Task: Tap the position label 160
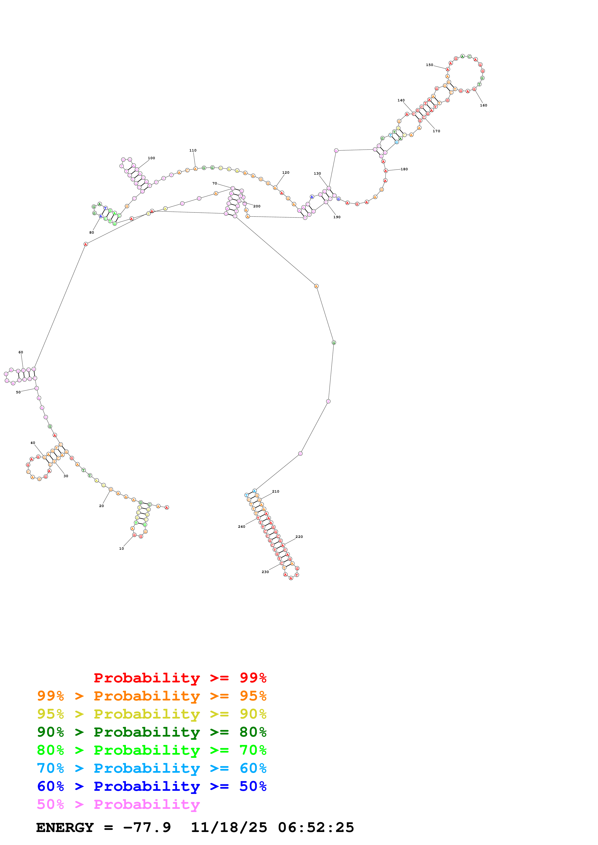pos(483,105)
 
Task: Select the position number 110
pos(193,150)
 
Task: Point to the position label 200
pos(257,206)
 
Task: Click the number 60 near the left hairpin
pos(21,352)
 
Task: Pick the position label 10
pos(122,548)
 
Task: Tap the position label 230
pos(265,572)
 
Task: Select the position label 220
pos(299,537)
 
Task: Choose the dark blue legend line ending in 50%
pos(151,786)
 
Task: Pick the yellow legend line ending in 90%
pos(151,714)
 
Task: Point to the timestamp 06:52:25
pos(316,827)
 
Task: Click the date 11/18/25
pos(229,827)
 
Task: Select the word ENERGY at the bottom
pos(65,827)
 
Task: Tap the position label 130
pos(317,173)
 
